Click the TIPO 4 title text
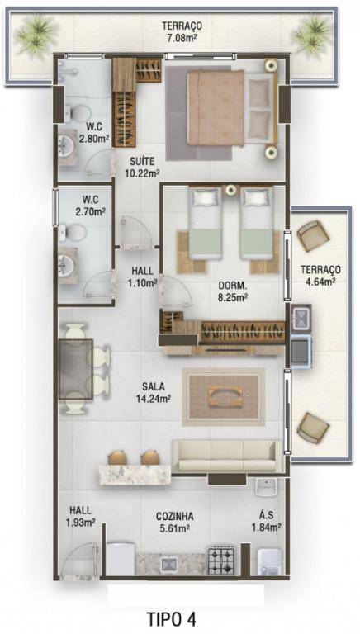tap(172, 618)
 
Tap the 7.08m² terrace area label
tap(182, 39)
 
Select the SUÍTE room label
tap(142, 162)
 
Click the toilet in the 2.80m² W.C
tap(78, 113)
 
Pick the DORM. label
tap(233, 285)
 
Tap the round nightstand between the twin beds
tap(231, 190)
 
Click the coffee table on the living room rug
tap(225, 396)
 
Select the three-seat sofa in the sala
tap(226, 456)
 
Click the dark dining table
tap(76, 369)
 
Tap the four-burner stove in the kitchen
tap(221, 559)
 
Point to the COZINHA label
tap(175, 516)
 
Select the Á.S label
tap(267, 516)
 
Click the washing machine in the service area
tap(269, 561)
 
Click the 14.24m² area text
tap(154, 399)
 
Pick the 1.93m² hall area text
tap(80, 523)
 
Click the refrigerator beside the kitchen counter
tap(120, 558)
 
